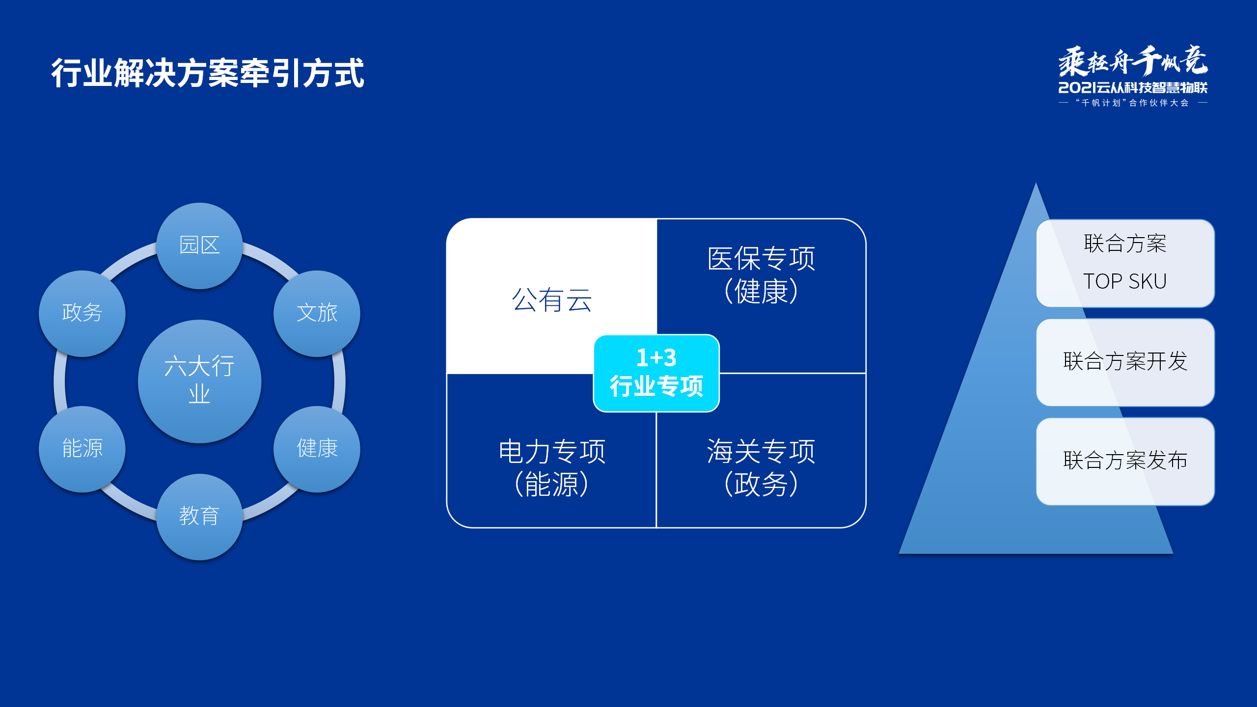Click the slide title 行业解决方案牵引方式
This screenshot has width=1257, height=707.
pyautogui.click(x=207, y=73)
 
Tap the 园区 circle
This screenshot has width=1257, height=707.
pyautogui.click(x=199, y=245)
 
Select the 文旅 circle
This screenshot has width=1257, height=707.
pyautogui.click(x=317, y=313)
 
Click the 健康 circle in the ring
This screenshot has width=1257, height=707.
pyautogui.click(x=317, y=448)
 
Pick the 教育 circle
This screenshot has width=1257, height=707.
pyautogui.click(x=199, y=516)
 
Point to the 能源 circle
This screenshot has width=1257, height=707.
pyautogui.click(x=82, y=448)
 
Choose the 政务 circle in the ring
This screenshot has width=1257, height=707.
pyautogui.click(x=82, y=313)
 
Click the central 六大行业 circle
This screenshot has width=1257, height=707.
pyautogui.click(x=199, y=381)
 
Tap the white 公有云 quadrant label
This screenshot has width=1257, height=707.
pyautogui.click(x=551, y=299)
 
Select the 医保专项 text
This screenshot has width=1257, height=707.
pyautogui.click(x=761, y=259)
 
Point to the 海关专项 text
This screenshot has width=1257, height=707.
pyautogui.click(x=761, y=452)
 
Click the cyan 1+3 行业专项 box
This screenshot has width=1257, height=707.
pyautogui.click(x=656, y=373)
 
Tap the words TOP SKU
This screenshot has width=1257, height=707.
pyautogui.click(x=1125, y=281)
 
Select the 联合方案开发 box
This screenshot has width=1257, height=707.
pyautogui.click(x=1125, y=362)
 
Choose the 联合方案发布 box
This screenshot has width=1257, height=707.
pyautogui.click(x=1125, y=461)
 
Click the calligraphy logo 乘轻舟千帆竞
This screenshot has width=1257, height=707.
pyautogui.click(x=1133, y=61)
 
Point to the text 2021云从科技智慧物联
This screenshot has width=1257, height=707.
pyautogui.click(x=1133, y=88)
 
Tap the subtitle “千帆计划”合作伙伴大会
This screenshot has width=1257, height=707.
pyautogui.click(x=1133, y=103)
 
